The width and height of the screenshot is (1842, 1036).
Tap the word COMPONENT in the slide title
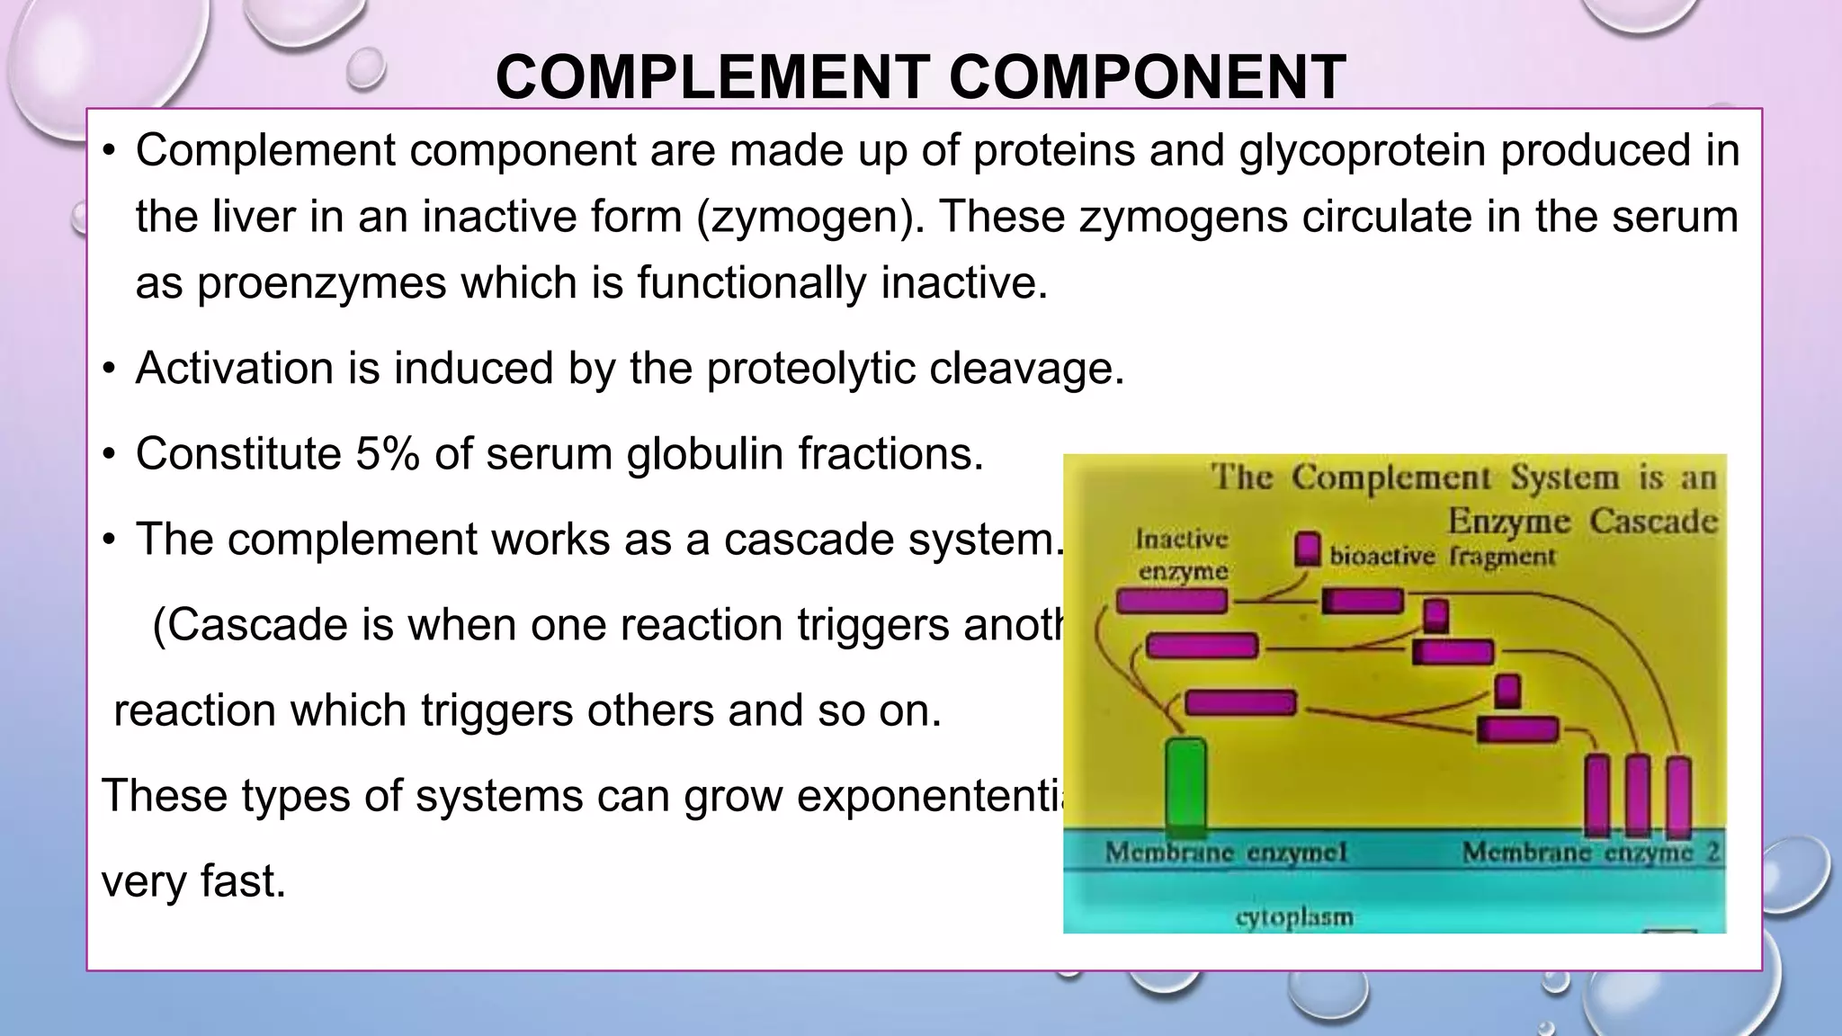pos(1148,77)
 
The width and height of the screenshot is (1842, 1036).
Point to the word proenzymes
pos(321,283)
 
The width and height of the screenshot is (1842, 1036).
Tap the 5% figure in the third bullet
pos(387,453)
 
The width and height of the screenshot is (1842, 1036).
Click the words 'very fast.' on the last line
pos(193,881)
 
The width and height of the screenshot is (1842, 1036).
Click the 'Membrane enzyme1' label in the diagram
pos(1227,852)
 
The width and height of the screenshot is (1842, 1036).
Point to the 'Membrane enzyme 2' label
pos(1591,852)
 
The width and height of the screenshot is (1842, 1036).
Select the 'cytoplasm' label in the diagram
pos(1293,917)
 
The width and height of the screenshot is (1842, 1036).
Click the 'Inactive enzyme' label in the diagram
pos(1182,555)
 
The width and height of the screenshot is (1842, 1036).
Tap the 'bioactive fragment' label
pos(1442,557)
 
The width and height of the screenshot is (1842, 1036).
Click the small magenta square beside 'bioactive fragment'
pos(1307,549)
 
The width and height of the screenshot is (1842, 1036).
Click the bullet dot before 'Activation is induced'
pos(109,369)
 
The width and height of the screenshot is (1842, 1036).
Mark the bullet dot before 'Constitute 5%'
pos(109,453)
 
